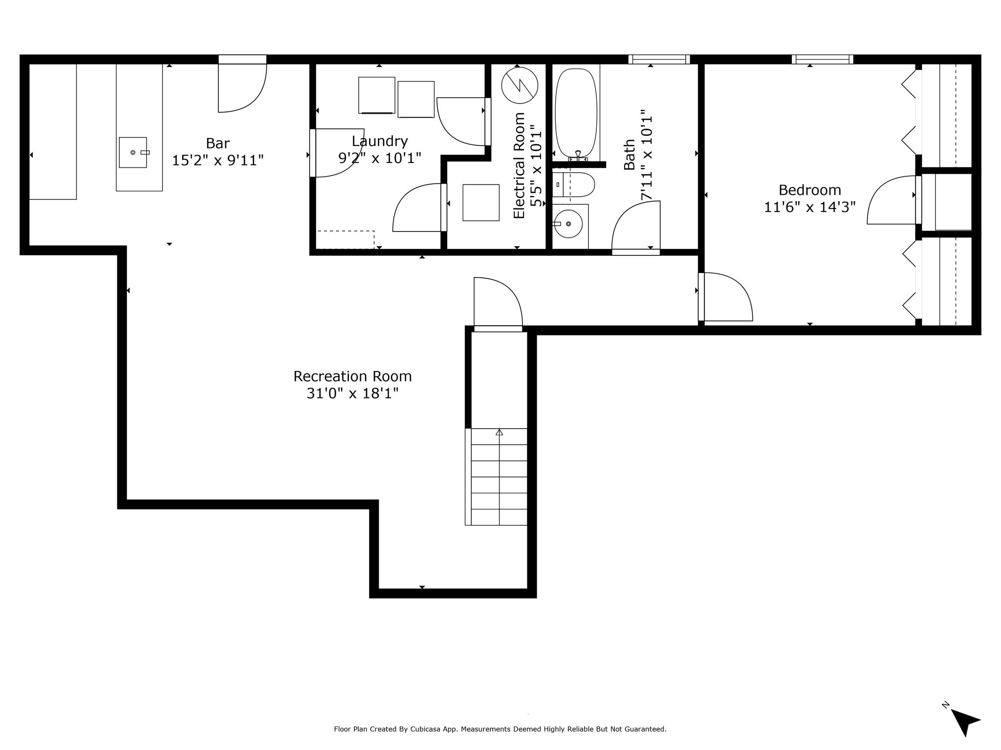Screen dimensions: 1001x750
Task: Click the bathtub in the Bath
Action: click(576, 112)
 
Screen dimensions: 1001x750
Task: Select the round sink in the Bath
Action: click(568, 224)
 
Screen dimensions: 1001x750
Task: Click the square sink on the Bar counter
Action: click(133, 152)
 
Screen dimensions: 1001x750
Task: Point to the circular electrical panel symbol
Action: click(520, 85)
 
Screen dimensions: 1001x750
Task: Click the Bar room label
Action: click(218, 143)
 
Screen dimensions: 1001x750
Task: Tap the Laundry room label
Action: click(380, 141)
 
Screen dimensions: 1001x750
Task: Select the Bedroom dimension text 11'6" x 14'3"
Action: click(810, 207)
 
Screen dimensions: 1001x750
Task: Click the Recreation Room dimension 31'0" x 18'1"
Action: click(352, 393)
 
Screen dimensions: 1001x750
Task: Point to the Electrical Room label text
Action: click(519, 166)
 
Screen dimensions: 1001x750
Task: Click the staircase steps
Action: click(496, 477)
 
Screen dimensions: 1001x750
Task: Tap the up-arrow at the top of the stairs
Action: click(499, 432)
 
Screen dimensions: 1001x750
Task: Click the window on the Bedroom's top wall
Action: click(823, 60)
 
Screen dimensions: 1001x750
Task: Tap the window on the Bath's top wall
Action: click(659, 60)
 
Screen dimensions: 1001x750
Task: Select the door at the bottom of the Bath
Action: click(636, 228)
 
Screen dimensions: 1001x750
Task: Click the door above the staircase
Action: click(498, 304)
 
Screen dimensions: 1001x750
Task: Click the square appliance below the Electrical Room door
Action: click(481, 203)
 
